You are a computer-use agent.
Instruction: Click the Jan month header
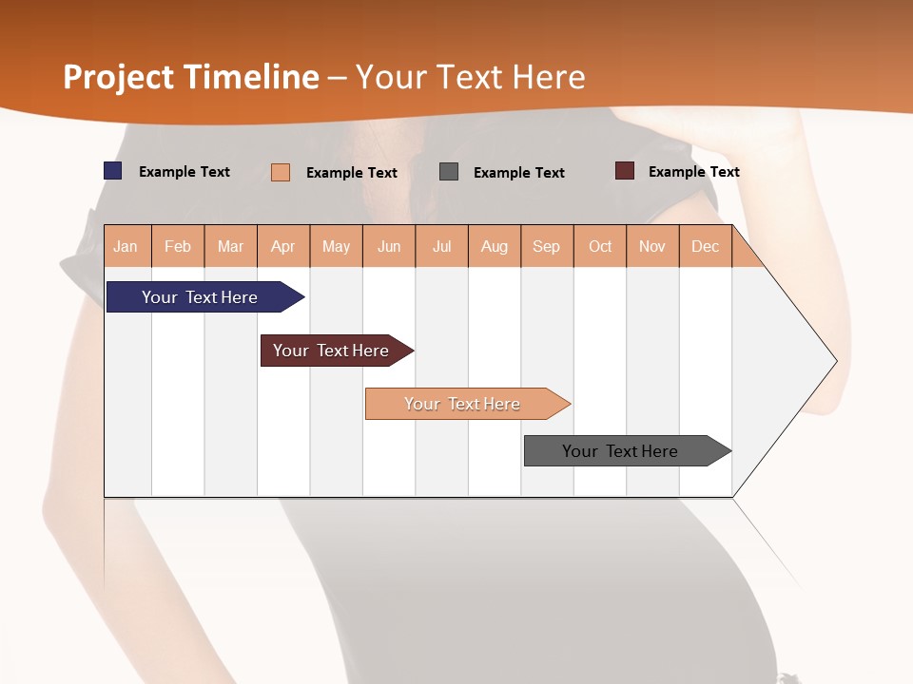click(x=126, y=246)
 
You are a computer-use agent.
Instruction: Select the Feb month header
click(x=178, y=246)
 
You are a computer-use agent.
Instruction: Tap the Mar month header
click(x=230, y=246)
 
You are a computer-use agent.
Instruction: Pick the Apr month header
click(x=283, y=246)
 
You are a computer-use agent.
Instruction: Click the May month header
click(x=336, y=246)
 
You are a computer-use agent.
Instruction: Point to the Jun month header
click(x=389, y=246)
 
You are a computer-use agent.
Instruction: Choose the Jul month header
click(x=441, y=246)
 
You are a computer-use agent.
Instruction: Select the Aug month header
click(x=495, y=246)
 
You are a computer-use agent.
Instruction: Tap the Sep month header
click(x=547, y=246)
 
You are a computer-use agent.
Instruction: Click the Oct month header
click(x=600, y=246)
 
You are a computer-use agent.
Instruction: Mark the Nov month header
click(x=652, y=246)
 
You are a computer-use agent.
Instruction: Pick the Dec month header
click(x=706, y=246)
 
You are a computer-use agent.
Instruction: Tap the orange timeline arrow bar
click(x=463, y=404)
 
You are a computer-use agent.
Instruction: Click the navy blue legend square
click(x=113, y=171)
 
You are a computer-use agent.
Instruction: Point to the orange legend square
click(x=281, y=172)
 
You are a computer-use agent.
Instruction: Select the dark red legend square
click(x=625, y=171)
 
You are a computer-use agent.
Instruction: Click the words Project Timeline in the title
click(x=191, y=77)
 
